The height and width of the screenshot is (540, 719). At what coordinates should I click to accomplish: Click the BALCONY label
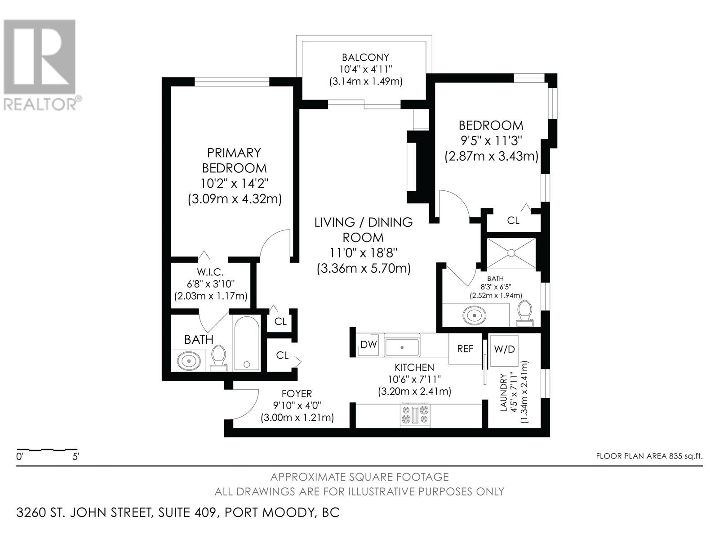(x=365, y=58)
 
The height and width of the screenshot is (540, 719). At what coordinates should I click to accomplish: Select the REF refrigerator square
(x=465, y=349)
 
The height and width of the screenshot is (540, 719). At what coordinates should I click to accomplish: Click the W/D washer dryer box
(x=504, y=350)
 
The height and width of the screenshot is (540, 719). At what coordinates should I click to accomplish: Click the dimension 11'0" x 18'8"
(x=363, y=253)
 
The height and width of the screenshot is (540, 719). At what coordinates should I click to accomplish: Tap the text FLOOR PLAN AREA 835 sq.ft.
(x=648, y=456)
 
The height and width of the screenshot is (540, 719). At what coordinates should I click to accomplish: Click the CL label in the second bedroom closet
(x=513, y=220)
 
